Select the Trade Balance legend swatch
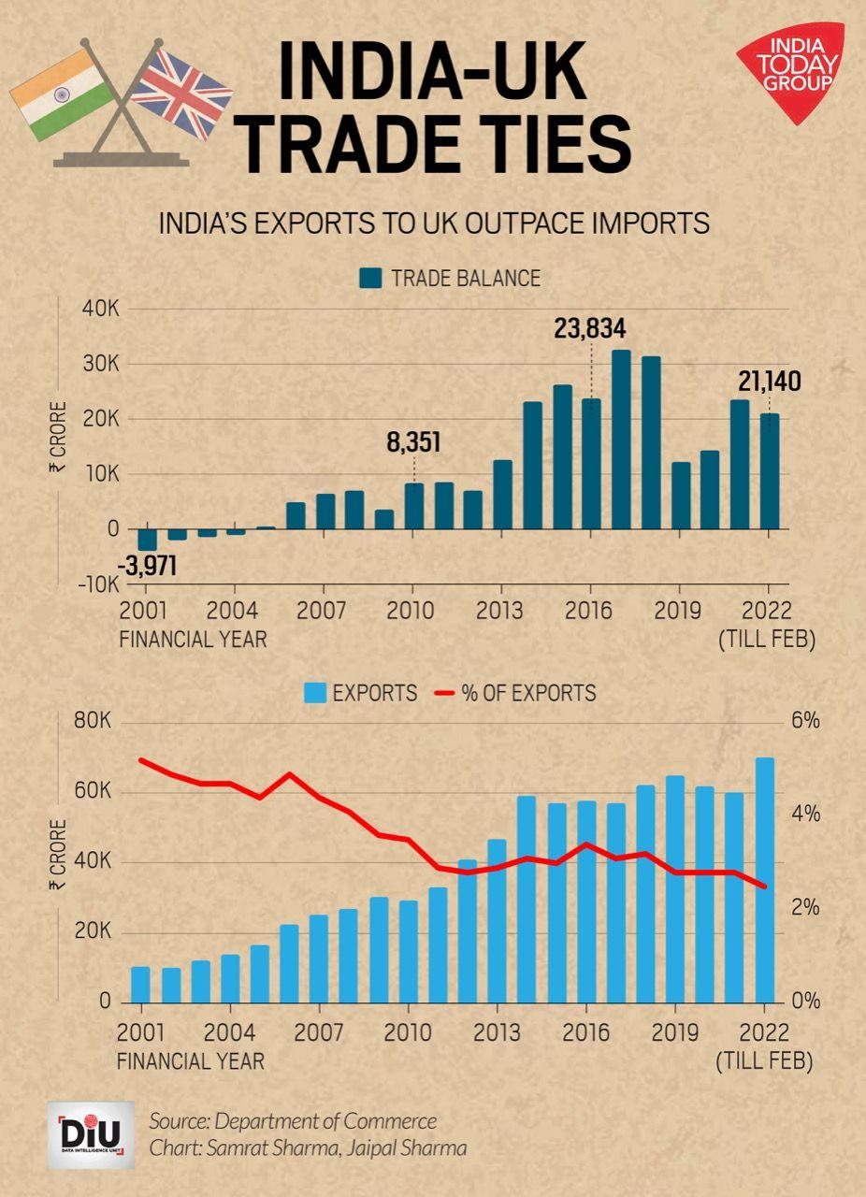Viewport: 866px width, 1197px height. [370, 278]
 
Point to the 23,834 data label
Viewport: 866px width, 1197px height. [589, 329]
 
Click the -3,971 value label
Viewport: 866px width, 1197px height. [147, 567]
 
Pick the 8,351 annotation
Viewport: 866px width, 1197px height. [413, 442]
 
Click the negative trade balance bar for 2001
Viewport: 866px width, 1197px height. [147, 540]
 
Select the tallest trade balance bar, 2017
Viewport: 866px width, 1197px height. [621, 440]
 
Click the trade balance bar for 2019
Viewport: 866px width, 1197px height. [680, 496]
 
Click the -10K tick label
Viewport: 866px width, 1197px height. [97, 584]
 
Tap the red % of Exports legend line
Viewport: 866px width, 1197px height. [445, 694]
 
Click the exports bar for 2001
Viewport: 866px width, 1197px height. [141, 984]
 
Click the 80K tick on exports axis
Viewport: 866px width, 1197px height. [92, 722]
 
